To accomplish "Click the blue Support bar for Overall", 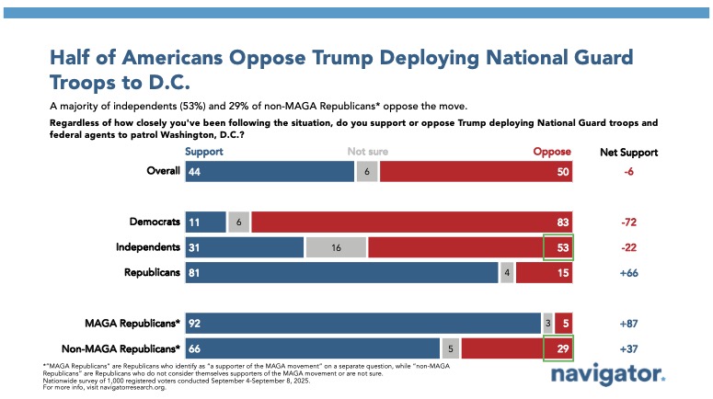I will (x=270, y=172).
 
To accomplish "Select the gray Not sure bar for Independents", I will (x=335, y=247).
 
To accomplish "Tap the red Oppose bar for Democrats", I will (x=411, y=222).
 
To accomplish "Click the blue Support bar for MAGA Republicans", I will (x=362, y=323).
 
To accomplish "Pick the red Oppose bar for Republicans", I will (x=544, y=273).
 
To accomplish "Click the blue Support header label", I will (x=203, y=152).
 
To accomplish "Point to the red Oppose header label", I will (x=553, y=152).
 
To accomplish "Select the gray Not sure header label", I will (x=366, y=152).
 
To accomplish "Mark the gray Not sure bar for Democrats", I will (x=238, y=222).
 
